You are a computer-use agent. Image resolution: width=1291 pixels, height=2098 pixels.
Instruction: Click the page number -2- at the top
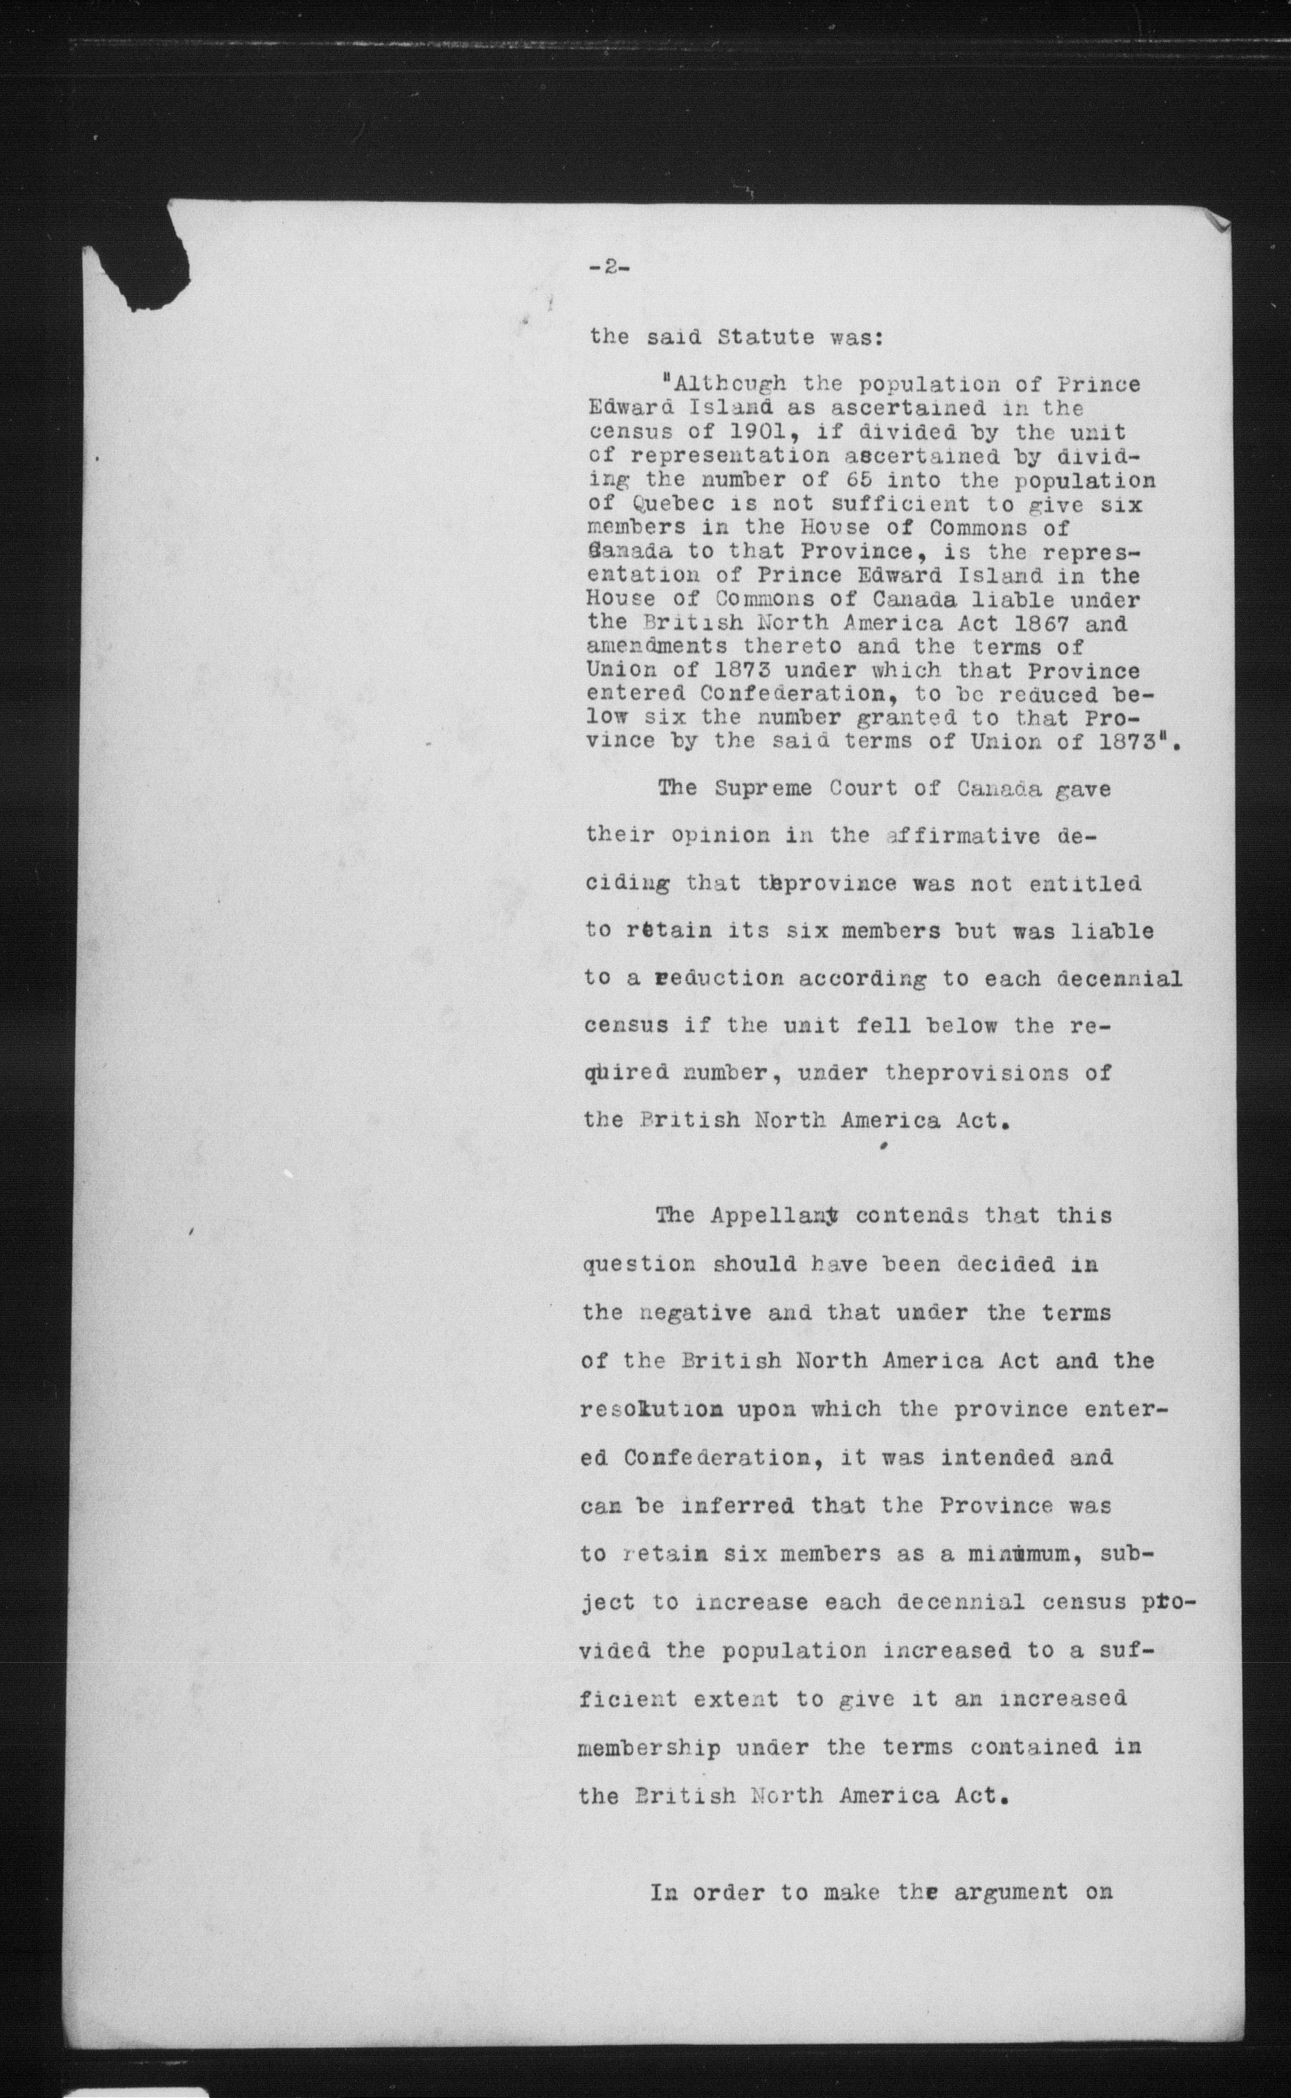pyautogui.click(x=609, y=266)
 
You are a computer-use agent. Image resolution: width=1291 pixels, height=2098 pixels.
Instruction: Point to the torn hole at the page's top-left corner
pyautogui.click(x=154, y=256)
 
